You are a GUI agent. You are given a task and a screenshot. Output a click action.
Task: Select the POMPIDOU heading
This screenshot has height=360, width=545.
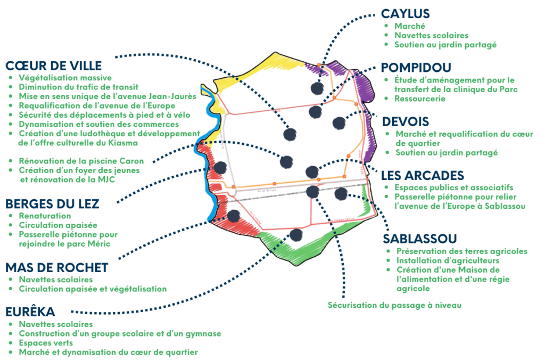(x=417, y=68)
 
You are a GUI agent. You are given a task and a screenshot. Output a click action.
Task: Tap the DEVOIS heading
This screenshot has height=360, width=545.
(x=405, y=122)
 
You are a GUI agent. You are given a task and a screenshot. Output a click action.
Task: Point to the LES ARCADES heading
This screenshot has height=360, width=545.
(x=423, y=175)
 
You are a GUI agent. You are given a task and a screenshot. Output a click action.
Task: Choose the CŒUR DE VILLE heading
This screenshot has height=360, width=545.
(x=53, y=66)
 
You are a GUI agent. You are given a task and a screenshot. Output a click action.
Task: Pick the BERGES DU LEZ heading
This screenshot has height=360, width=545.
(x=52, y=203)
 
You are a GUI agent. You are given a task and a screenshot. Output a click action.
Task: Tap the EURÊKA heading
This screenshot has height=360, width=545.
(x=30, y=311)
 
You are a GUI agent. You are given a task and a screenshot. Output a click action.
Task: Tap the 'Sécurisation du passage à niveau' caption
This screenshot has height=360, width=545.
(x=393, y=305)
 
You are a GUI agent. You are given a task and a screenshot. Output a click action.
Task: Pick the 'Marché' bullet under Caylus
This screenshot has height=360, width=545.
(x=405, y=26)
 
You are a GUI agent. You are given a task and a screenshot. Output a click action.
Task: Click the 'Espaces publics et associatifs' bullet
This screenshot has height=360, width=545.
(x=453, y=187)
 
